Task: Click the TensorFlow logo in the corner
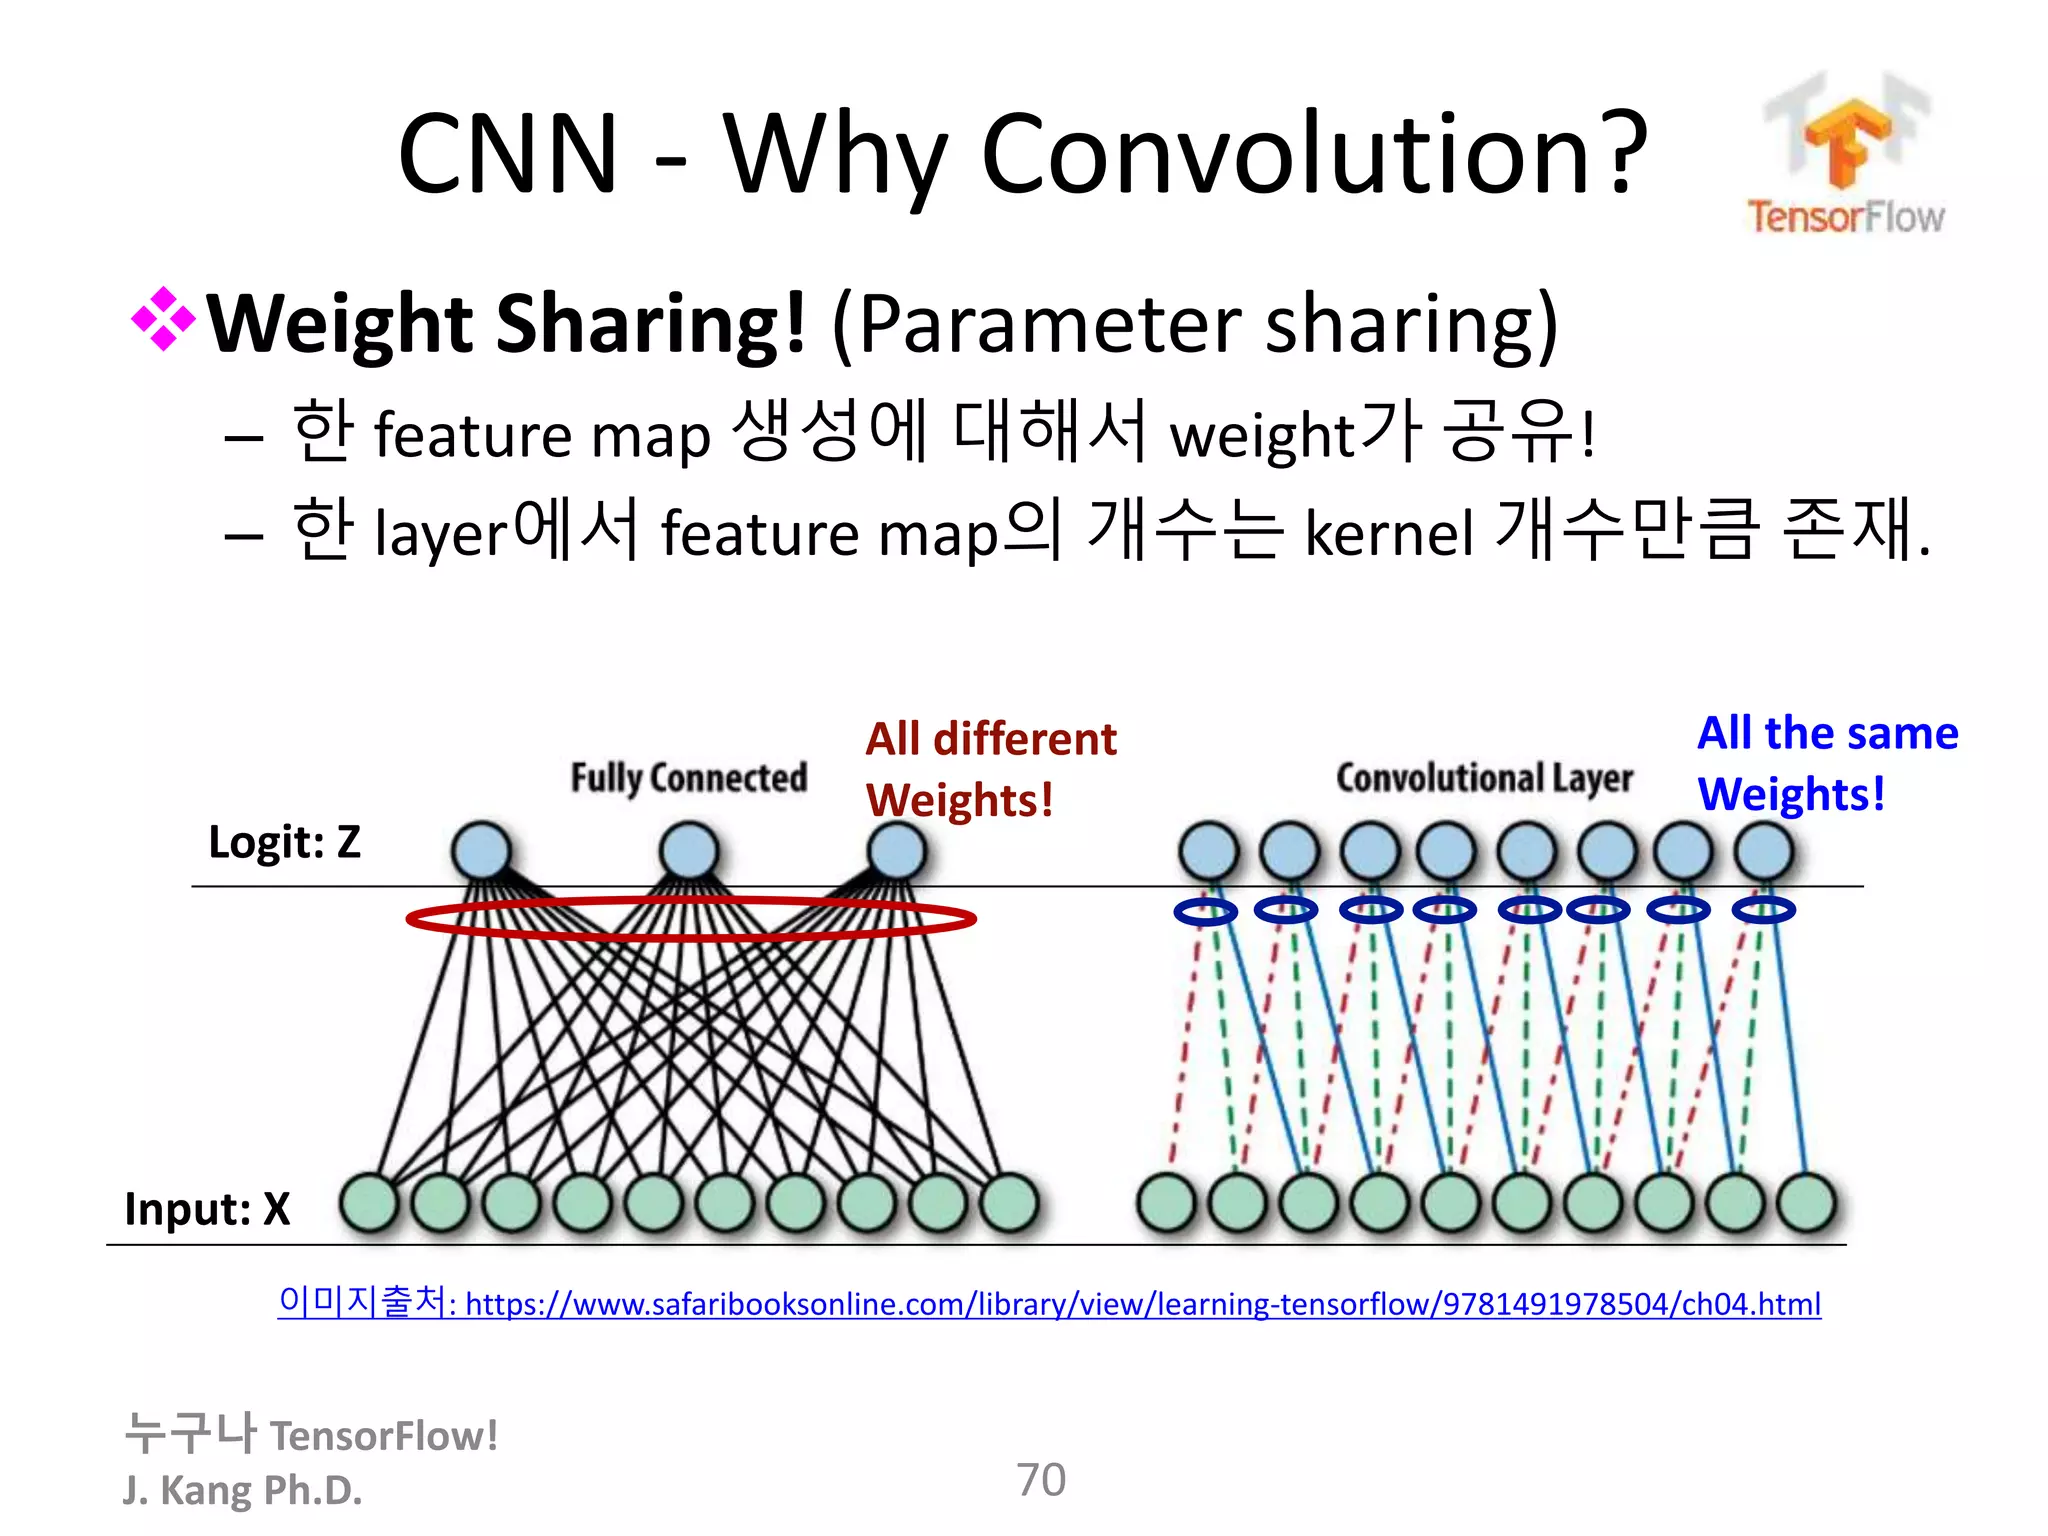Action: click(x=1846, y=155)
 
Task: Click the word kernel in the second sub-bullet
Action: click(x=1388, y=532)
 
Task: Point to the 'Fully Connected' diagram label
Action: click(x=688, y=777)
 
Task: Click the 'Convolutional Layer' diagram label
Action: click(x=1484, y=777)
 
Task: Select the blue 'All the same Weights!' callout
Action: click(x=1826, y=763)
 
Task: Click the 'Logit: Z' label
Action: click(x=284, y=842)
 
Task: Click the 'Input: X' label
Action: click(x=207, y=1209)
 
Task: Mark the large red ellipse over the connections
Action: click(x=690, y=918)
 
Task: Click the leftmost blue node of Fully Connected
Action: click(x=481, y=851)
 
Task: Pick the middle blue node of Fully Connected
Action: click(x=689, y=851)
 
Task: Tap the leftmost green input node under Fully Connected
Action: click(x=369, y=1202)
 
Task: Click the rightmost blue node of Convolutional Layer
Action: click(x=1763, y=851)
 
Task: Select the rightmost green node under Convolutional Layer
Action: click(x=1806, y=1202)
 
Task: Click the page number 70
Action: click(x=1041, y=1480)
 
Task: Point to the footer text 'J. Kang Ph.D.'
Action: click(x=242, y=1490)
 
